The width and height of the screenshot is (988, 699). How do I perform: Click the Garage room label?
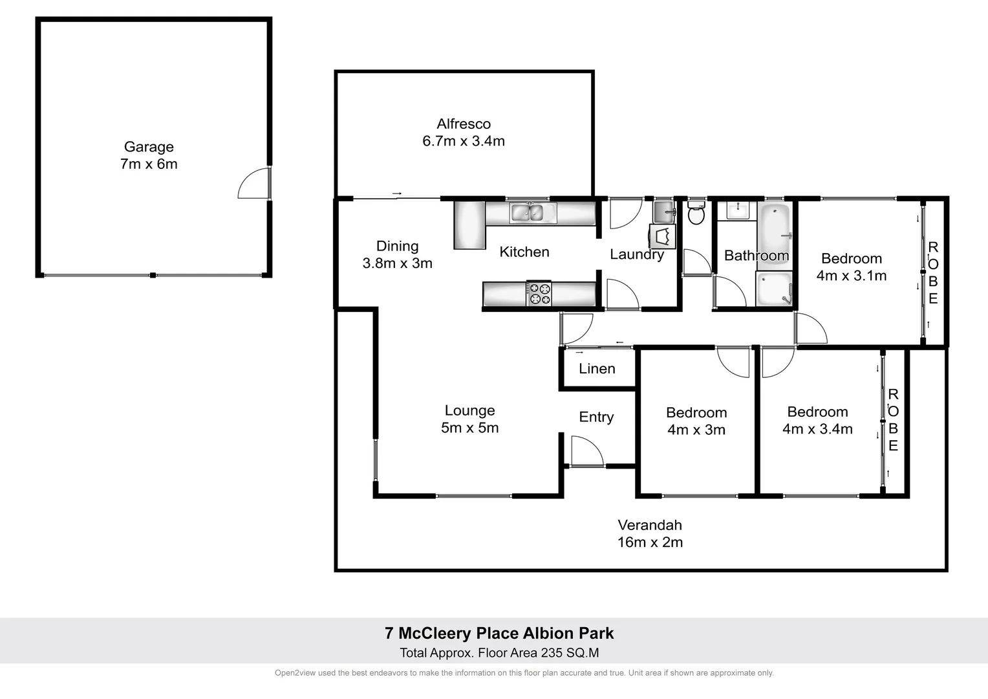pos(149,148)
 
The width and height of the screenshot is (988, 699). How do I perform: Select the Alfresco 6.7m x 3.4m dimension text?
pos(464,141)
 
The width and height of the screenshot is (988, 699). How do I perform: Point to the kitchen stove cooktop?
pos(539,294)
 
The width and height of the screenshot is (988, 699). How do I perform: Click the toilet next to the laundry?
pos(696,213)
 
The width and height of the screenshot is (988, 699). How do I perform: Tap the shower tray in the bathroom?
pos(774,288)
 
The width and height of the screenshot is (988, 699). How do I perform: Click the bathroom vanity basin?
pos(736,210)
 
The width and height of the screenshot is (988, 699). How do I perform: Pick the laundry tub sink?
pos(663,211)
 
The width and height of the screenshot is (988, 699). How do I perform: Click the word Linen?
pos(597,369)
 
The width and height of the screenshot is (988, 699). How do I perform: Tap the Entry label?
pos(596,417)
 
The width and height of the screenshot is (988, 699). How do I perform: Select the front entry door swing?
pos(586,452)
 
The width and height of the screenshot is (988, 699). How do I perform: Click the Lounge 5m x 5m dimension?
pos(470,428)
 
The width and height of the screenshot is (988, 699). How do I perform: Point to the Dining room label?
pos(397,247)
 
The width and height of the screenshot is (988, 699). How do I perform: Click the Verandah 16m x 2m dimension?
pos(650,542)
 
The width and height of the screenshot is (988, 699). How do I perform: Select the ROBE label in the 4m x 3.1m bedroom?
pos(933,272)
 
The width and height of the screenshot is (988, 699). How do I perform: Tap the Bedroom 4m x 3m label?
pos(696,421)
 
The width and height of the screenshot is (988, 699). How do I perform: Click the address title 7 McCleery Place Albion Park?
pos(499,634)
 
